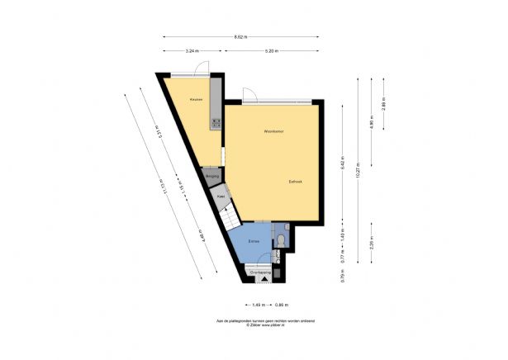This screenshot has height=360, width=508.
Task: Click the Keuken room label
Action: pyautogui.click(x=196, y=100)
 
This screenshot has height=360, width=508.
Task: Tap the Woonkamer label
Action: pyautogui.click(x=274, y=131)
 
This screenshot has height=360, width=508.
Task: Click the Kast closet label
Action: pyautogui.click(x=221, y=197)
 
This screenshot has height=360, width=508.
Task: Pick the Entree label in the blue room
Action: pyautogui.click(x=255, y=241)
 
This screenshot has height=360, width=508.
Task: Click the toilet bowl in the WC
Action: pyautogui.click(x=282, y=240)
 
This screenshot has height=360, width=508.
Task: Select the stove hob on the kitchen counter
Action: pyautogui.click(x=216, y=122)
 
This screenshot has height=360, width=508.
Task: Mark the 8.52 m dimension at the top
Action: pyautogui.click(x=240, y=36)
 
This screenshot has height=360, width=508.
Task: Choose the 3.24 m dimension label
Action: pyautogui.click(x=192, y=51)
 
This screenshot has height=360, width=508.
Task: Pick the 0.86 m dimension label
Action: pyautogui.click(x=282, y=305)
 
